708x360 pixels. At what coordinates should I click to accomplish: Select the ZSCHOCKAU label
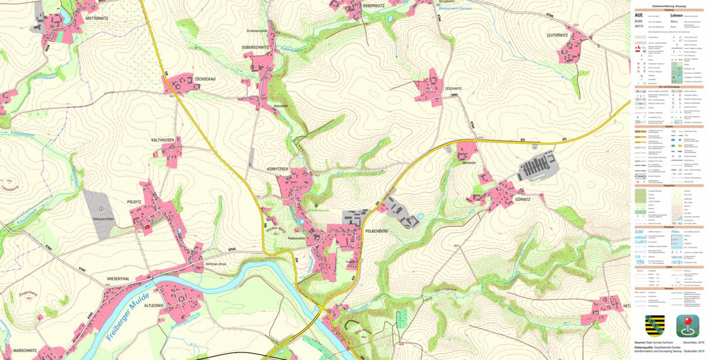pos(204,78)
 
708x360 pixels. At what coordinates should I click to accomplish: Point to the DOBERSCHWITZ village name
pos(255,47)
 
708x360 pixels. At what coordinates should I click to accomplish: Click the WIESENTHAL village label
pos(118,277)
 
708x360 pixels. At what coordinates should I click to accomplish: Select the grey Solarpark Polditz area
pos(99,212)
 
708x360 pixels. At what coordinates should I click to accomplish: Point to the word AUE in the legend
pos(638,15)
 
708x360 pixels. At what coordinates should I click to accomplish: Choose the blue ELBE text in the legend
pos(640,231)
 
